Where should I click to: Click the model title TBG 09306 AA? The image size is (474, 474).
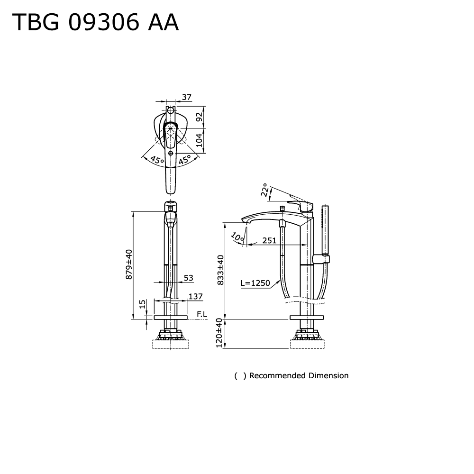pos(95,22)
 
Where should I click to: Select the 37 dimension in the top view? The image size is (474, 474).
pos(186,97)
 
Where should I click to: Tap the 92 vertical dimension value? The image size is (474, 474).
pos(200,117)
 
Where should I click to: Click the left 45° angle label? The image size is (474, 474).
pos(157,160)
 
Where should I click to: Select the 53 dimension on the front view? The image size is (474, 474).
pos(188,278)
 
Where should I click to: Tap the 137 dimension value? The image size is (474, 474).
pos(196,297)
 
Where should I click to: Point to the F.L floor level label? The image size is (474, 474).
pos(201,314)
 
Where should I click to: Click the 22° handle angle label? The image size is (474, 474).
pos(264,191)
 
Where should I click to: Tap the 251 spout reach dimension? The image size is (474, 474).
pos(269,240)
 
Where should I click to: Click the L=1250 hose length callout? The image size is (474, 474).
pos(255,283)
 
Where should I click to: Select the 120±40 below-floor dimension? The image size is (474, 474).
pos(219,333)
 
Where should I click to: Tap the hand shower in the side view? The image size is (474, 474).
pos(325,228)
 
